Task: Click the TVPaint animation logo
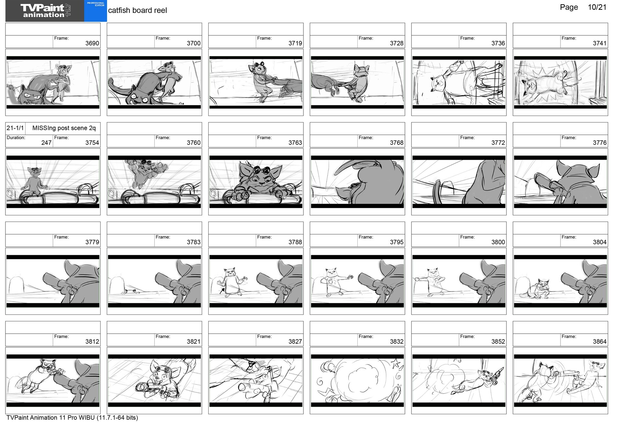point(45,11)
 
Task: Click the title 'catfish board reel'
point(137,10)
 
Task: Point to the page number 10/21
point(597,7)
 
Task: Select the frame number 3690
point(92,43)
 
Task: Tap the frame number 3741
point(599,43)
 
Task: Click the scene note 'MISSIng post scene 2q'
point(64,128)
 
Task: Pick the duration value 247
point(46,143)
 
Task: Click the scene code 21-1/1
point(15,128)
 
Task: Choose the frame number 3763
point(295,143)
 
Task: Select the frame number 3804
point(599,242)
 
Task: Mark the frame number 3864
point(599,342)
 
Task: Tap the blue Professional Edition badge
point(95,11)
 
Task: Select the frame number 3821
point(193,342)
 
